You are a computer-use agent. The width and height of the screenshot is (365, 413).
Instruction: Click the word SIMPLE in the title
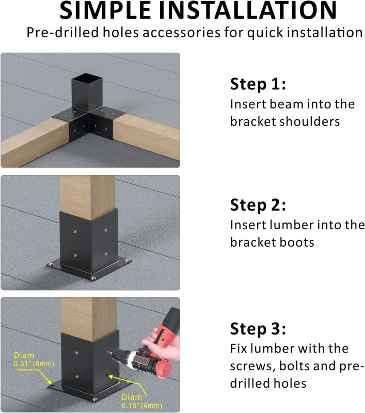105,10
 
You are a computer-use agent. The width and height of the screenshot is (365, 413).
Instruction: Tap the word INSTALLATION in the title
248,10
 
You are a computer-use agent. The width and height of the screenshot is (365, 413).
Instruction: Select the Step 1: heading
258,84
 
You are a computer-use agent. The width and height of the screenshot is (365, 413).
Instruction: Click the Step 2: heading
258,205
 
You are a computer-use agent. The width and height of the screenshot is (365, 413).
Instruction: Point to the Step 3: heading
258,329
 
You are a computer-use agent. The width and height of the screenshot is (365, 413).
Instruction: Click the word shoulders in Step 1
309,121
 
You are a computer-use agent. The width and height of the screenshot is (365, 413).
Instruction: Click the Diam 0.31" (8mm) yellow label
34,359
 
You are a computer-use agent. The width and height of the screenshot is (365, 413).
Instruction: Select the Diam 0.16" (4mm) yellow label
141,401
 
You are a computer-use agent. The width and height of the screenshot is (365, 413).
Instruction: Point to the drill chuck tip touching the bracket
107,352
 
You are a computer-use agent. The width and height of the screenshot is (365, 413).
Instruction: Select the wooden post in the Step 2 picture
88,197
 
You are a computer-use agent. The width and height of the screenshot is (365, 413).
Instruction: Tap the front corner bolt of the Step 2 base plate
93,278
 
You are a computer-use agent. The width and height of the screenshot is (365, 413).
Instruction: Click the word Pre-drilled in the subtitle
62,33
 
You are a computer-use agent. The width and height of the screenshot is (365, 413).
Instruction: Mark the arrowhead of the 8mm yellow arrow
50,383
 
